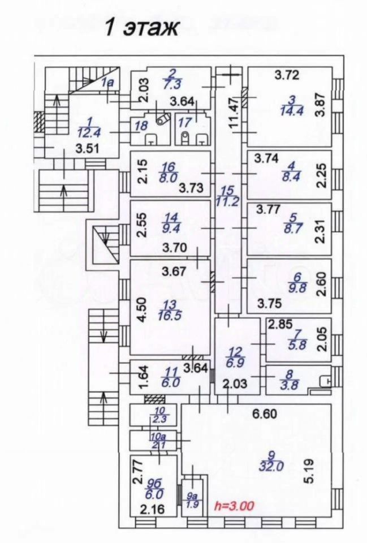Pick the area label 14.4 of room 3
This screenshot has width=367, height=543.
(x=290, y=110)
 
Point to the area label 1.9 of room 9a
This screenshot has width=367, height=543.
(x=192, y=505)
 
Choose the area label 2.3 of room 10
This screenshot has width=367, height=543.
(x=160, y=420)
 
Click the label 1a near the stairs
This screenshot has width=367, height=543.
(x=107, y=83)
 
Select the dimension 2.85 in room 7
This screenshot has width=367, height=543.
(x=280, y=325)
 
